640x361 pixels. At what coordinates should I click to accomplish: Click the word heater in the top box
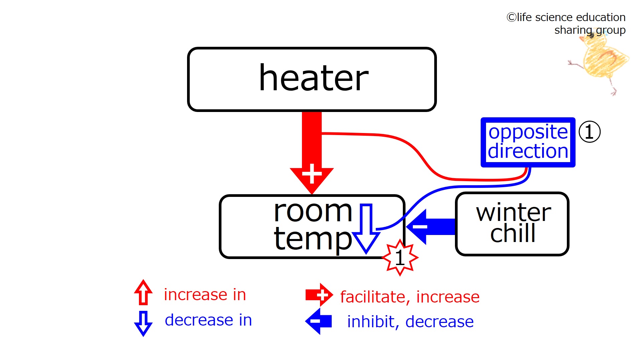coord(313,78)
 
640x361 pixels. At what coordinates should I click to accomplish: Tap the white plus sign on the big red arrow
coord(312,174)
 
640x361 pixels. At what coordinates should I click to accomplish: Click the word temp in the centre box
coord(313,239)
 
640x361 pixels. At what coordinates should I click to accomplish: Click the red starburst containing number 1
coord(400,258)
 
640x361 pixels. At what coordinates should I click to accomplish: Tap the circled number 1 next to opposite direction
coord(589,132)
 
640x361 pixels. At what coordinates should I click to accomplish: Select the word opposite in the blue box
coord(528,132)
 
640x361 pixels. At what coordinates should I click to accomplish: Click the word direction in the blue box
coord(528,151)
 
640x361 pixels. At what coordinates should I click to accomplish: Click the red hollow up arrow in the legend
coord(143,292)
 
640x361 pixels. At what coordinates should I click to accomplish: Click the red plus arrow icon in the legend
coord(319,295)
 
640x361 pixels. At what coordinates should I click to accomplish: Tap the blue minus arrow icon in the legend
coord(318,321)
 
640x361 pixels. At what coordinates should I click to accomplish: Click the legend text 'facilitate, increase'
coord(410,297)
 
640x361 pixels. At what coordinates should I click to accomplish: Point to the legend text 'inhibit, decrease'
coord(410,322)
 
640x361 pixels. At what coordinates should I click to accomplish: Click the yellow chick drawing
coord(600,60)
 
